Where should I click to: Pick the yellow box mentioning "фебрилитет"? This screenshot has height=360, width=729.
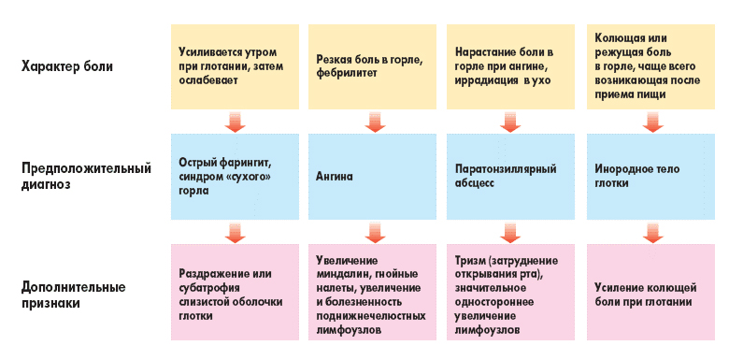[x=372, y=65]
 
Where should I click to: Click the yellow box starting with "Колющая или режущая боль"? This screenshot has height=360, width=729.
[x=649, y=65]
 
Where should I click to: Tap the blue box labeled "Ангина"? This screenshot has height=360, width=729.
[x=372, y=175]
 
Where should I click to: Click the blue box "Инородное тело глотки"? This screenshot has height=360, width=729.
[x=649, y=175]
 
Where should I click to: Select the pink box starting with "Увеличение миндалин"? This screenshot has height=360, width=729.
[x=372, y=295]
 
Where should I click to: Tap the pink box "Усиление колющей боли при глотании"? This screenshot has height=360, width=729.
[x=649, y=295]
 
